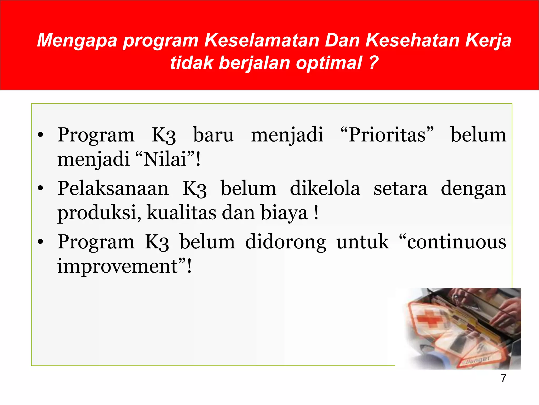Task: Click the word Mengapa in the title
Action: [77, 41]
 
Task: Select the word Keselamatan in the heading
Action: [262, 40]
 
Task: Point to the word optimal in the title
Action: [329, 63]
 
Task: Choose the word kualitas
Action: [181, 213]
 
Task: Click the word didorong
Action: [285, 242]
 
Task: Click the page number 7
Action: [503, 378]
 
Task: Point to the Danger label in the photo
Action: [477, 360]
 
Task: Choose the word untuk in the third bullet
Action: [362, 242]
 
